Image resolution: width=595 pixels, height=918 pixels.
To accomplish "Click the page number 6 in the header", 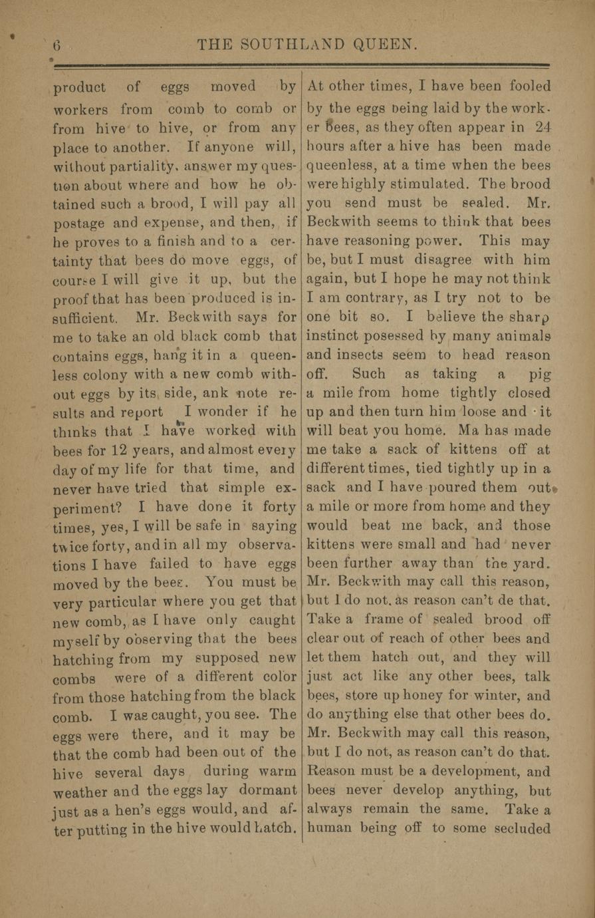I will click(x=57, y=46).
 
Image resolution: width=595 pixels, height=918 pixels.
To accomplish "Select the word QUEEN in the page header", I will click(x=386, y=46).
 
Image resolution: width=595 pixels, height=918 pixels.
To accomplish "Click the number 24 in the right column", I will click(x=538, y=126).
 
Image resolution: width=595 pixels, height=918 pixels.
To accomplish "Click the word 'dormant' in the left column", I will click(x=265, y=790).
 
